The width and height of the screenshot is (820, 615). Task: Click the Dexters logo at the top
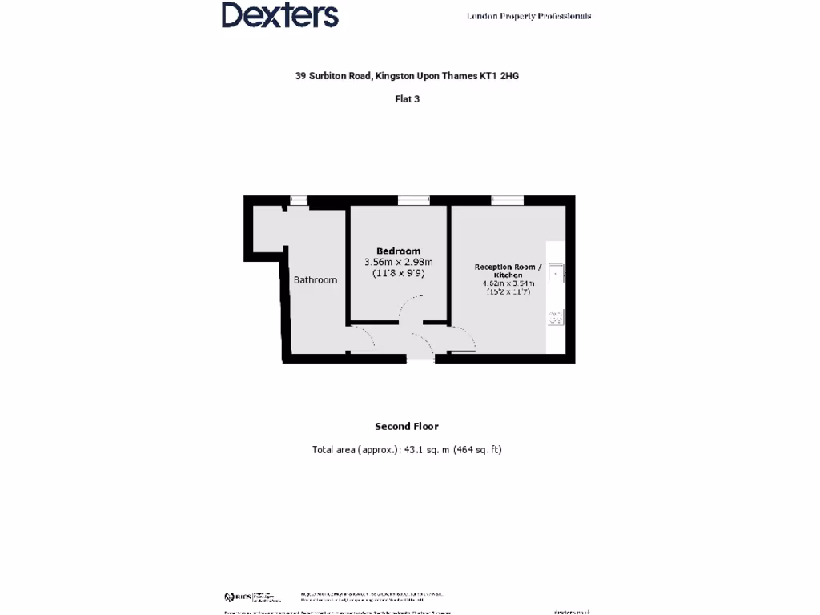(279, 15)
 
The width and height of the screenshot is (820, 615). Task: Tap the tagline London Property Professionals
(529, 16)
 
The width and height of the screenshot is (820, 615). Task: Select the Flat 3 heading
(407, 99)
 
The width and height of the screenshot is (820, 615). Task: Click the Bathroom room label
(315, 280)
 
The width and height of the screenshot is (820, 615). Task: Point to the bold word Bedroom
(398, 251)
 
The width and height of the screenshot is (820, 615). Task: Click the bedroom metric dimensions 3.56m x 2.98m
(398, 262)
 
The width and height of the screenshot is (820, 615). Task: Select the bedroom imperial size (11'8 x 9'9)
(398, 273)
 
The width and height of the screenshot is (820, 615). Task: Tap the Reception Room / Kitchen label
(508, 271)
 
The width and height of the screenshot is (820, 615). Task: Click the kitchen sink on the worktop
(556, 274)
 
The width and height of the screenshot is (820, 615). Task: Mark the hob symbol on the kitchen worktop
(555, 318)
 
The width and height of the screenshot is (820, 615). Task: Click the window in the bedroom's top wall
(413, 200)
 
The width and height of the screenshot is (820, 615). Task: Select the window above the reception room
(507, 200)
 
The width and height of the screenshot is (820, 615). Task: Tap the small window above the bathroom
(299, 200)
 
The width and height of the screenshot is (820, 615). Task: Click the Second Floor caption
(407, 427)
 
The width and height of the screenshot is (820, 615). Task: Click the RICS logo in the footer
(238, 597)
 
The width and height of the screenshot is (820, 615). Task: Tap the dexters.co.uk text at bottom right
(572, 612)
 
